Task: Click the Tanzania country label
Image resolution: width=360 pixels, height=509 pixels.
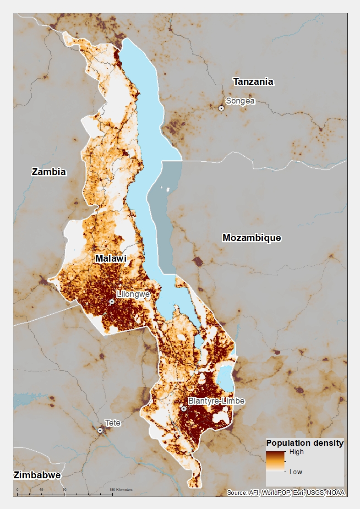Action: pos(253,82)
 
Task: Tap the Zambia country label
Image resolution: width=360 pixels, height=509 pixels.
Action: pos(49,172)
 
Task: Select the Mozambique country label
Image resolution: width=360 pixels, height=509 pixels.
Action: pos(251,238)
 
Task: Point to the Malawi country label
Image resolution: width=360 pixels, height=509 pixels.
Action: pos(110,259)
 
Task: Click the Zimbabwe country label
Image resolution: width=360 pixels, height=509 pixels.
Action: pos(37,475)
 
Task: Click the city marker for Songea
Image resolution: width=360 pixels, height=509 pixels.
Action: pos(221,108)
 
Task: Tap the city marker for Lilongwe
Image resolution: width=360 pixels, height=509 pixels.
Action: pos(112,301)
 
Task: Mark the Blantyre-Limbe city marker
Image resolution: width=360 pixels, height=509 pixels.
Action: pos(184,408)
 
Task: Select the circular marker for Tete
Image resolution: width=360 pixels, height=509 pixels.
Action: pos(100,430)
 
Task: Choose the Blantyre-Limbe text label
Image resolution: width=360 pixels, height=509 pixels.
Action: pos(216,401)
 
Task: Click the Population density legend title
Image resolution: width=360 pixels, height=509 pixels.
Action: pos(305,443)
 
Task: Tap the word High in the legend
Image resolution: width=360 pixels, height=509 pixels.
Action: pos(296,452)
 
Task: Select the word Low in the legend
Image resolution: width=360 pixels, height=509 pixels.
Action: pos(295,471)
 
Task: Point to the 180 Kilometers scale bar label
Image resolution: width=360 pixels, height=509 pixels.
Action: pos(121,490)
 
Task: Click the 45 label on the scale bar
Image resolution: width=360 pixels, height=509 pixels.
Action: pos(41,490)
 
